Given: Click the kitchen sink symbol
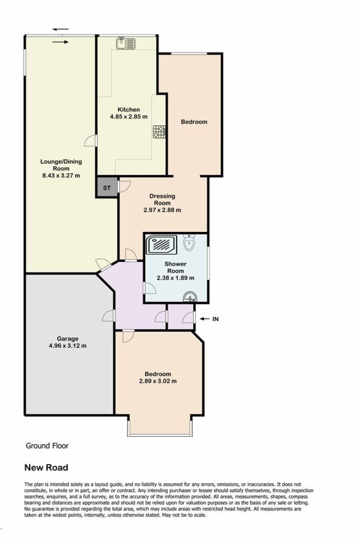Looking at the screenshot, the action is point(125,44).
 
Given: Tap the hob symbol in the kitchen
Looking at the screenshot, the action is point(159,131).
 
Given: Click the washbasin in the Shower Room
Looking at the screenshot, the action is point(190,297).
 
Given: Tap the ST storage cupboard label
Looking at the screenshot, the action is point(107,188).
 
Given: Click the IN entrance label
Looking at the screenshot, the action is point(215,319).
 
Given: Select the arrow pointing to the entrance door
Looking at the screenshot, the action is point(205,319).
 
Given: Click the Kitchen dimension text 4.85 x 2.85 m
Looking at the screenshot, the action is point(129,117).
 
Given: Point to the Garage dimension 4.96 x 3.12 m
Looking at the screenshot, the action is point(68,346).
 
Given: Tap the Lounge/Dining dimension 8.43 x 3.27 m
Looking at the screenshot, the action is point(61,176).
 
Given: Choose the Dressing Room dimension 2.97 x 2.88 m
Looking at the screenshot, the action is point(162,210).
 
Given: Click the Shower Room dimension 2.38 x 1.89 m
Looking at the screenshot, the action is point(175,278).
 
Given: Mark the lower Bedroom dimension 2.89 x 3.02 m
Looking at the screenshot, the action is point(158,381).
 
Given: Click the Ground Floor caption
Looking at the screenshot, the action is point(47,446).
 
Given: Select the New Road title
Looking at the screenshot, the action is point(46,468).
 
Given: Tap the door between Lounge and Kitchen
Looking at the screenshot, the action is point(91,141).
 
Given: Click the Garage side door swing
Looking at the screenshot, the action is point(109,315).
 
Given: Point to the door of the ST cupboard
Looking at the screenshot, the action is point(123,186).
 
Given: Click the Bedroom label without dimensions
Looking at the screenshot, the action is point(194,122).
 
